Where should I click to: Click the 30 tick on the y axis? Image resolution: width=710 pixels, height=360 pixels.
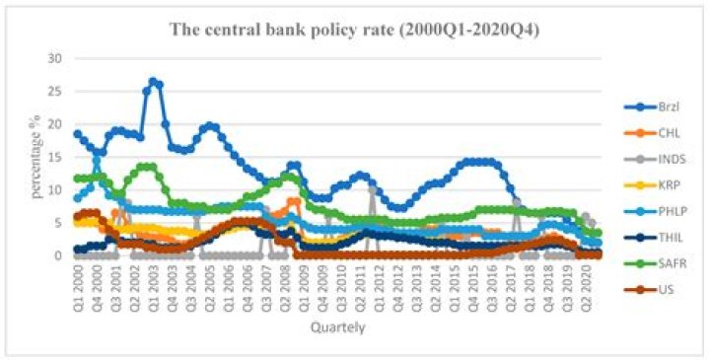click(54, 59)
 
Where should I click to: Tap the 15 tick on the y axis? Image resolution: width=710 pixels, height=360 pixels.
click(54, 157)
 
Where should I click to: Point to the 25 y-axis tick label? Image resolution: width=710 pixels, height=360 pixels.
click(54, 92)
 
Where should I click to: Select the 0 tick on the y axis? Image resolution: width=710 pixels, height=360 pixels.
click(57, 254)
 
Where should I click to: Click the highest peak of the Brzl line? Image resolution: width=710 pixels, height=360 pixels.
click(153, 82)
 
